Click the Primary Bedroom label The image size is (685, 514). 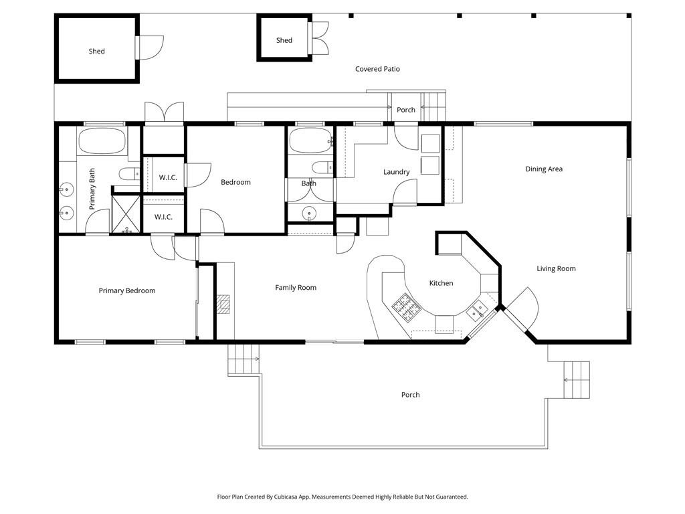coord(127,290)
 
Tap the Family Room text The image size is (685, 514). coord(296,288)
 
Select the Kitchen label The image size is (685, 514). coord(441,283)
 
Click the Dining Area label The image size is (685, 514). coord(543,169)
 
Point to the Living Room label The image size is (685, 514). coord(556,269)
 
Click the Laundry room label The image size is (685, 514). coord(396,172)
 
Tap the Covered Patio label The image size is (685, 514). coord(377,69)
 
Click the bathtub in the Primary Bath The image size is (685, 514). coord(102,142)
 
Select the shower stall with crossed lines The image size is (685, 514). coord(126,213)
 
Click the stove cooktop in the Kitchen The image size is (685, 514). coord(405,307)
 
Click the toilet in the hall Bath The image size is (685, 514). coord(321,167)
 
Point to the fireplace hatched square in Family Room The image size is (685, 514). coord(224,305)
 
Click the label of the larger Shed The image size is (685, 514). coord(96,52)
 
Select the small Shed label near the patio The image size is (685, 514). coord(284,40)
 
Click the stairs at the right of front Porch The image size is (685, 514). coord(577,379)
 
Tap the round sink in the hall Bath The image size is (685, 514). coord(309,213)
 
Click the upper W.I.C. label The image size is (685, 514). coord(167,177)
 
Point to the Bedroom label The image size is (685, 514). coord(235,182)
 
